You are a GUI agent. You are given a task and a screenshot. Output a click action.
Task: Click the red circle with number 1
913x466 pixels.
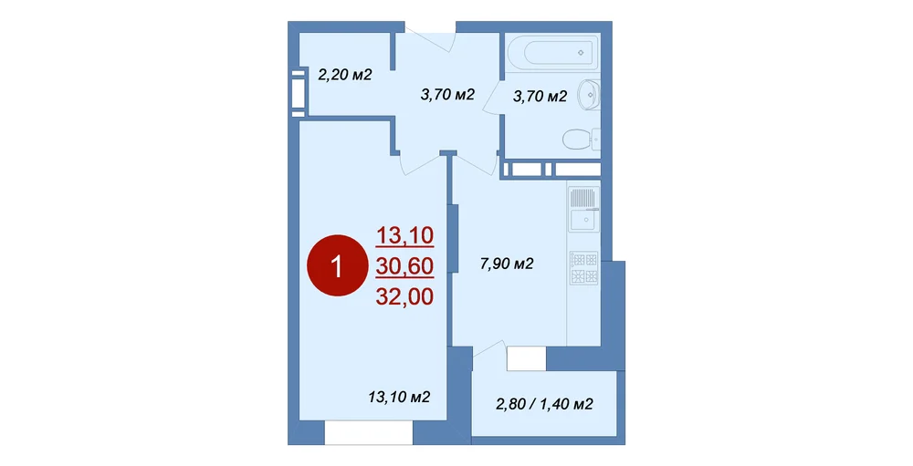[x=338, y=266]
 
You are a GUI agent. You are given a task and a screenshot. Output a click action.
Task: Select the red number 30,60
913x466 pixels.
[x=404, y=266]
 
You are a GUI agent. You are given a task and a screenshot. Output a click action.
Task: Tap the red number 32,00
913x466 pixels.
[x=404, y=297]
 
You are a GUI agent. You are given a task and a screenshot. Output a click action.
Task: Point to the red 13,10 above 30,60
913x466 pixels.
[x=404, y=235]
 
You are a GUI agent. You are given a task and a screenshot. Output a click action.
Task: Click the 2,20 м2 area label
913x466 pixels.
[x=345, y=75]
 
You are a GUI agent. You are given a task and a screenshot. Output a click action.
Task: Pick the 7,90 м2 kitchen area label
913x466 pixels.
[x=507, y=264]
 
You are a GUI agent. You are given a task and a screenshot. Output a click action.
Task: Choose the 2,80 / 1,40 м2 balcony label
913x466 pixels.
[x=544, y=404]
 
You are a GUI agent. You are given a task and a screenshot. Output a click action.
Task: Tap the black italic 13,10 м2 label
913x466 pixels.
[x=400, y=398]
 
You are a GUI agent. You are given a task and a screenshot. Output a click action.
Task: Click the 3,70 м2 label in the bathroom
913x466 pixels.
[x=540, y=97]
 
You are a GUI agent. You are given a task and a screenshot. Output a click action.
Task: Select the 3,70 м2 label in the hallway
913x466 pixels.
[x=447, y=94]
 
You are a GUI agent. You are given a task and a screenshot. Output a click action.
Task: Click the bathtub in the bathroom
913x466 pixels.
[x=552, y=53]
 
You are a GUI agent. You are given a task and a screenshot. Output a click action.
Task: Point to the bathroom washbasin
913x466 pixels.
[x=589, y=94]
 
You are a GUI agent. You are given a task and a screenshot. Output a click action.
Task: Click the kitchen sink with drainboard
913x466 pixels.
[x=583, y=208]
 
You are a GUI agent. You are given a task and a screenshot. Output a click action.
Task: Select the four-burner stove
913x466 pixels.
[x=583, y=268]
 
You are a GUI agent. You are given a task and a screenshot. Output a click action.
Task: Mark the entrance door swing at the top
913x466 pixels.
[x=431, y=38]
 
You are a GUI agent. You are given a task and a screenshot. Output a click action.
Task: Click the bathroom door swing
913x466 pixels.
[x=493, y=96]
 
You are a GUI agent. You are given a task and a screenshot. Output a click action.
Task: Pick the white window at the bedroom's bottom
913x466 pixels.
[x=369, y=433]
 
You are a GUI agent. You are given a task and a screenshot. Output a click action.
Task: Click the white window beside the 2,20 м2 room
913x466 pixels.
[x=299, y=89]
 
